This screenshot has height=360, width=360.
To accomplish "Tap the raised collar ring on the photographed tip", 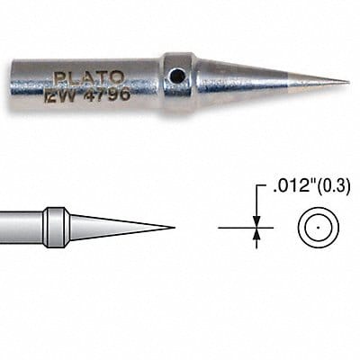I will click(179, 81).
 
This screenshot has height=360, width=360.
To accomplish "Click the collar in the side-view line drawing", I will click(56, 226).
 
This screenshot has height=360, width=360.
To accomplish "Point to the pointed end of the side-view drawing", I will click(173, 227).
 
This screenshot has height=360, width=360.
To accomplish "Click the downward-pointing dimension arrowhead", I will click(256, 221).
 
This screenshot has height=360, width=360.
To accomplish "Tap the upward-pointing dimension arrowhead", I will click(256, 233).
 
